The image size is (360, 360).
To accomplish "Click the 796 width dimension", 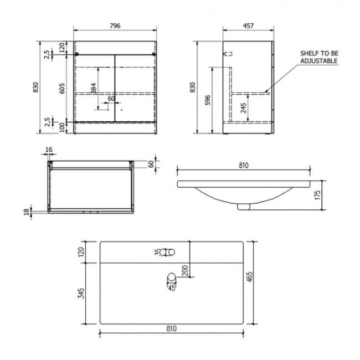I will point(115,26).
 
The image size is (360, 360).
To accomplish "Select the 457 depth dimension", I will point(248,26).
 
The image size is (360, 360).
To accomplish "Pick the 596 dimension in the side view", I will point(208,99).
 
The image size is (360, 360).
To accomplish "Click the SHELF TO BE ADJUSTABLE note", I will point(318,56).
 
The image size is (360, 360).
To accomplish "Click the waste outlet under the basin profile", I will point(243,207).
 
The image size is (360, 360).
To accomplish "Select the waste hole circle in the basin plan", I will point(172,278).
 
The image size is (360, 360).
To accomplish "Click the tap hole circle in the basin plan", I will point(170,253).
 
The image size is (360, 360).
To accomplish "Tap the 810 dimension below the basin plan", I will point(171,328).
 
